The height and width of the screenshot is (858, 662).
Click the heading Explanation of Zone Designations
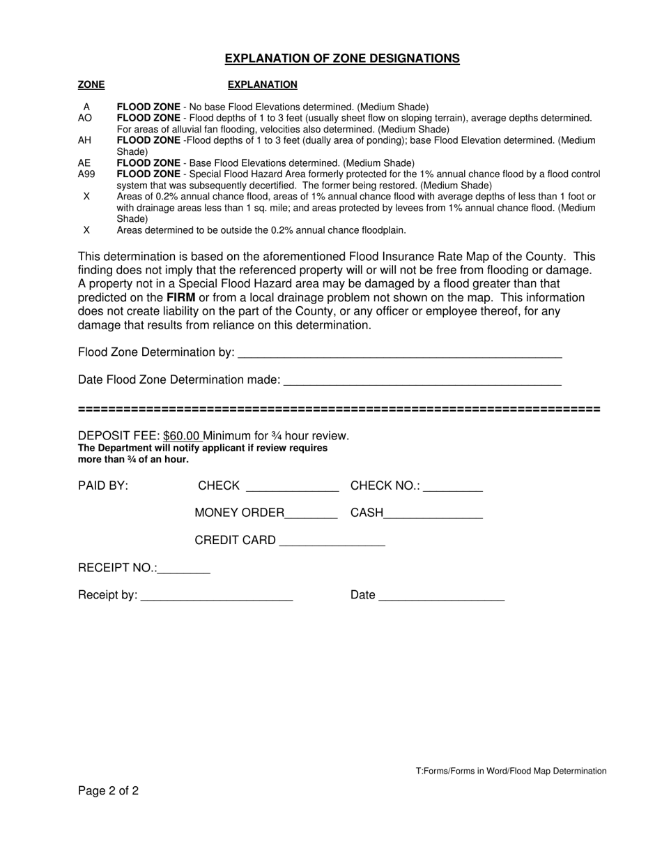[x=342, y=59]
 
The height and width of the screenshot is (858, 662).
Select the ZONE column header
[x=91, y=84]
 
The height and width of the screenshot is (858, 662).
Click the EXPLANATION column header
[x=262, y=84]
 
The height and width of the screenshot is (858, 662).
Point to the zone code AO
[x=85, y=118]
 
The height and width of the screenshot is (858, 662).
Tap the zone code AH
[x=84, y=140]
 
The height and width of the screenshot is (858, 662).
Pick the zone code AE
[x=84, y=163]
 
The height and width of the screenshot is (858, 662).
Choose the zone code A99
[x=86, y=174]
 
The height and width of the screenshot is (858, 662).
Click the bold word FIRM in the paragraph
[x=180, y=298]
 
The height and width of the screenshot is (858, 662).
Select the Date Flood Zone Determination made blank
[x=422, y=382]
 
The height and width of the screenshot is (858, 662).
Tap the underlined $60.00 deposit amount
[x=183, y=436]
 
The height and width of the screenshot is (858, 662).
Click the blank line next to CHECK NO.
[x=453, y=488]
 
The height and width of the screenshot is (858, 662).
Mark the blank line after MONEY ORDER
[x=311, y=515]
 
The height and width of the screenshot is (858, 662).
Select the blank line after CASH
[x=433, y=515]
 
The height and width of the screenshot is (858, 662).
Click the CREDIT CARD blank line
[x=332, y=542]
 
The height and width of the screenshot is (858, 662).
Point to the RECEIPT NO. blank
[x=184, y=570]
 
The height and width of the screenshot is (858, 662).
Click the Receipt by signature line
[x=216, y=597]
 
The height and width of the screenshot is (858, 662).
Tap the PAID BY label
[x=103, y=486]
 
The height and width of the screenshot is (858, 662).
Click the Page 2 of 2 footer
[x=108, y=790]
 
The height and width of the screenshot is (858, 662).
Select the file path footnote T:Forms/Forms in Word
[x=511, y=771]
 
